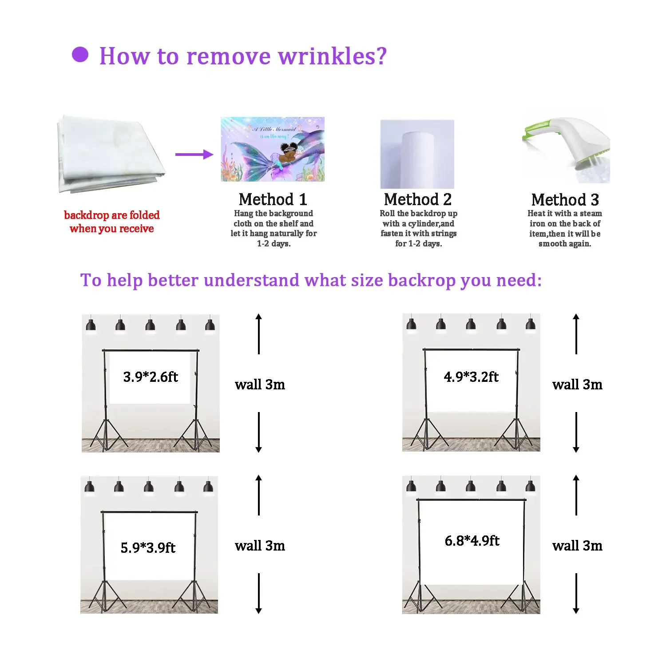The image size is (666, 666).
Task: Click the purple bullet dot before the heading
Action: click(x=80, y=55)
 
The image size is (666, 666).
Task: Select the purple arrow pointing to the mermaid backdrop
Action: click(x=194, y=155)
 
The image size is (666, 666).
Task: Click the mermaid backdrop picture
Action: click(x=273, y=149)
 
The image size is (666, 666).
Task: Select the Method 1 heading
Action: click(x=273, y=199)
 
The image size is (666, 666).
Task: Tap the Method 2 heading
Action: click(x=418, y=199)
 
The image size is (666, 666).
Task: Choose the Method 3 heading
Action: click(x=565, y=200)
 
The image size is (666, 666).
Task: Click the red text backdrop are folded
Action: click(x=112, y=215)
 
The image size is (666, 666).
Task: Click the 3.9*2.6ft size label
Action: click(x=151, y=377)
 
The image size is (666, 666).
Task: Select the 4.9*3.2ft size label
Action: click(x=471, y=377)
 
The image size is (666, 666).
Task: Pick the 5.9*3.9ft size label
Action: click(x=148, y=547)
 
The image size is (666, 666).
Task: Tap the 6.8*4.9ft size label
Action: click(x=472, y=541)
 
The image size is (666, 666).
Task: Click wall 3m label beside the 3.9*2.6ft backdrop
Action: click(x=260, y=385)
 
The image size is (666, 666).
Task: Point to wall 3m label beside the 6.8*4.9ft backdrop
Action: click(x=577, y=546)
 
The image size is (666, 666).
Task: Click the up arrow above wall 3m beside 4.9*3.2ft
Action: click(x=576, y=333)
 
